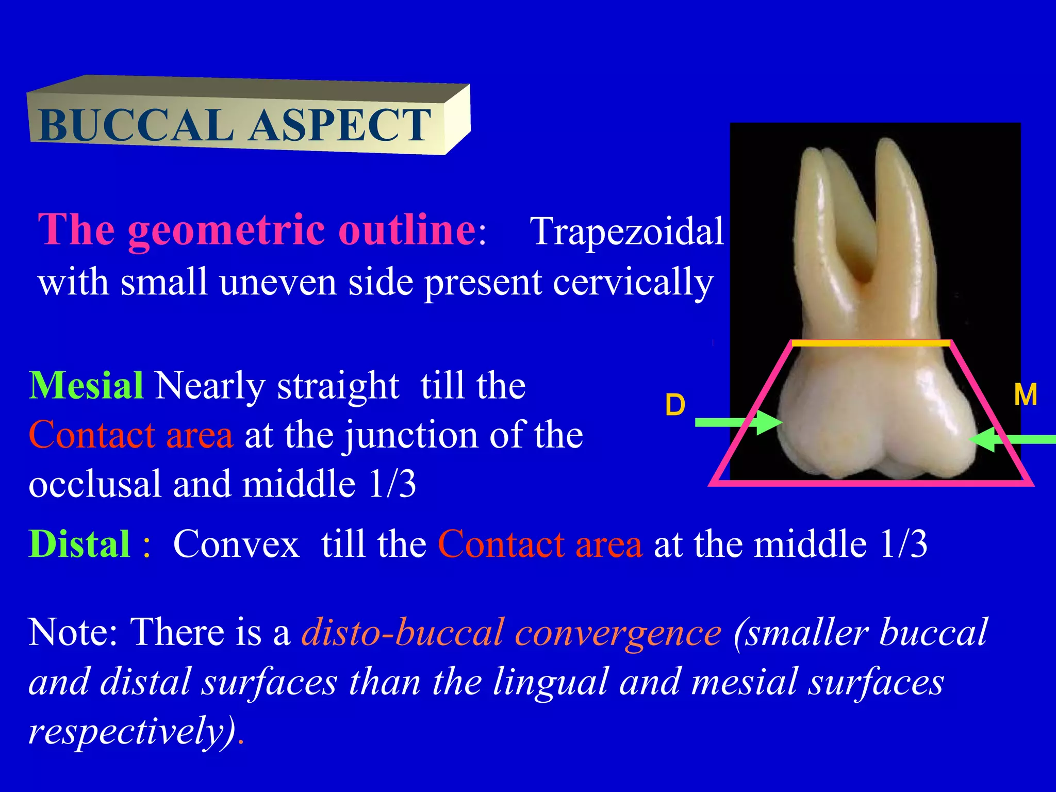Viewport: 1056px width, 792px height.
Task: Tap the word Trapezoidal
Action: (626, 232)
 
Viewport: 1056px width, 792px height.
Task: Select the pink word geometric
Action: (227, 230)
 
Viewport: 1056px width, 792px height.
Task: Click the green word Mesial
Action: (86, 386)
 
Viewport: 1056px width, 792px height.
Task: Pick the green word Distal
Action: (79, 544)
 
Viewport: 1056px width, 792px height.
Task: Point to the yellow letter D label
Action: (675, 405)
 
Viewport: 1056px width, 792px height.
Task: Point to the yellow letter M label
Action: (1025, 395)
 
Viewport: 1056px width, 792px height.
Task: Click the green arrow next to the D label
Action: (737, 422)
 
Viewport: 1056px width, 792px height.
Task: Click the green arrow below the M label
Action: (1013, 439)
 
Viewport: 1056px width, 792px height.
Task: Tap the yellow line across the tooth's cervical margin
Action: (870, 343)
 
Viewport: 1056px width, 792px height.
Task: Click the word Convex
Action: (236, 544)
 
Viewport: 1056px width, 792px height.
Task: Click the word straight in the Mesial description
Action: (338, 386)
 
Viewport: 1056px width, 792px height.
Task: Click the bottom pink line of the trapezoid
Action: (871, 483)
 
